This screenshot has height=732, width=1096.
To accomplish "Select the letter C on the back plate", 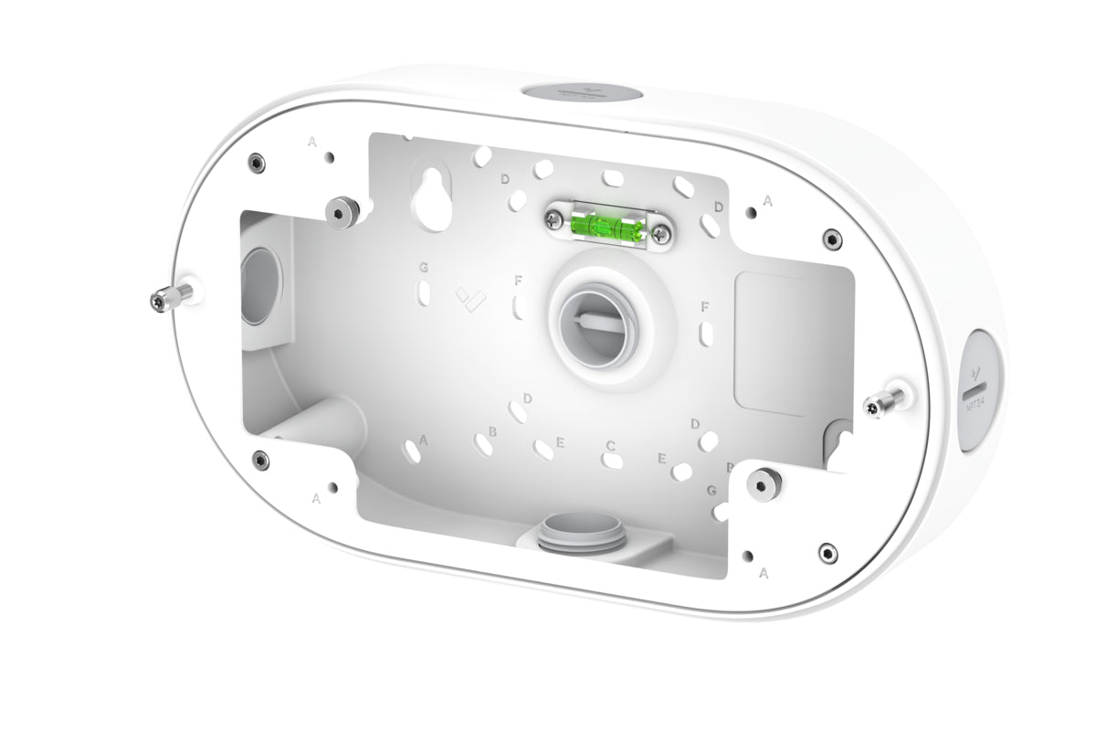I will [609, 446].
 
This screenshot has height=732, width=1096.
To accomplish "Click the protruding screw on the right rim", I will [886, 401].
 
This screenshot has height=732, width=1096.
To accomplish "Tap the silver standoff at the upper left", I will [342, 211].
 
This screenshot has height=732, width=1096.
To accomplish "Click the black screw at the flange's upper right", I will [830, 238].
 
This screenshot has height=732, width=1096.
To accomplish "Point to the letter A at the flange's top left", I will [312, 142].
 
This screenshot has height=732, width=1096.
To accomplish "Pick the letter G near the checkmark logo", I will [424, 267].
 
